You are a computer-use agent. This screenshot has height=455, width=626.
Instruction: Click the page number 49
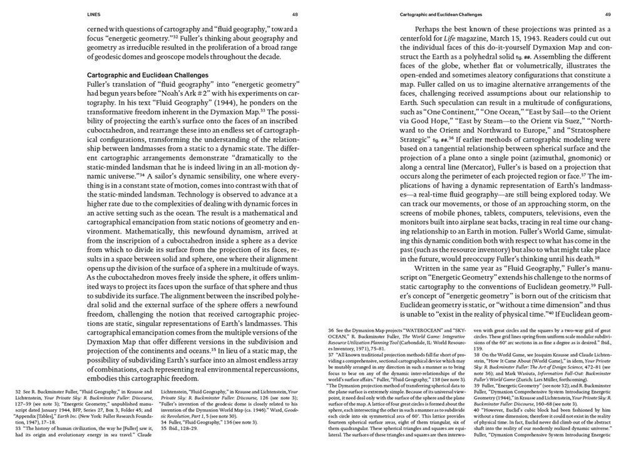[x=608, y=13]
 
